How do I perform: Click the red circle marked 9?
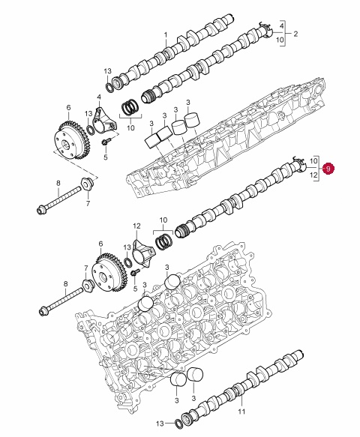328,169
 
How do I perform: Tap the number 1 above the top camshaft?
166,35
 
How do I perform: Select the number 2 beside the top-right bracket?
295,34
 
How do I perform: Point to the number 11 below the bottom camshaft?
241,411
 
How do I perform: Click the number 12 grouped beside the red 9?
313,175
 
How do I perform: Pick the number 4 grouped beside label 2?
282,26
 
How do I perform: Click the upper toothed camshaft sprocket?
70,139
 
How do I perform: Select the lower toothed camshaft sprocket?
109,273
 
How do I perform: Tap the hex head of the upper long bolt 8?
41,209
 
